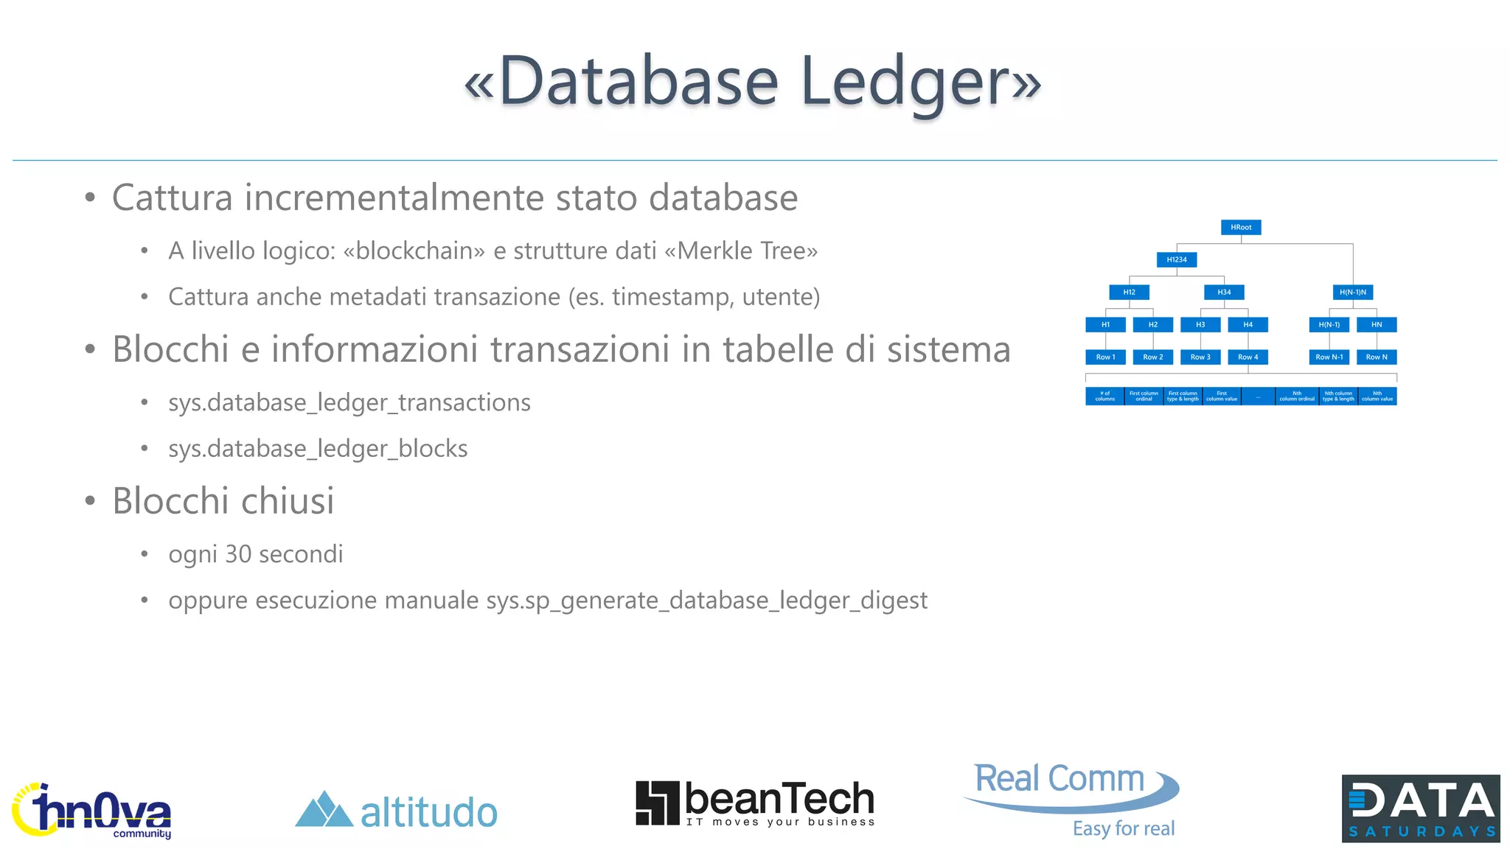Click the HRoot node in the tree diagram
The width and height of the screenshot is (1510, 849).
(1241, 227)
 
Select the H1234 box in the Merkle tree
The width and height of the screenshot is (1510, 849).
(1177, 259)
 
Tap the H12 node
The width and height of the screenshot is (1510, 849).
(1129, 293)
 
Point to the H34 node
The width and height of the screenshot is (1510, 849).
(1224, 293)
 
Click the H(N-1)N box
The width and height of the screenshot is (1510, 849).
(1353, 293)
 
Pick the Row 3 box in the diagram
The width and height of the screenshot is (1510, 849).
(1200, 357)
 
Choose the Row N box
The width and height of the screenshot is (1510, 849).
(1377, 357)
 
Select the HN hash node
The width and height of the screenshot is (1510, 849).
(1377, 325)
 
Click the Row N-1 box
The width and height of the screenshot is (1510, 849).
(1329, 357)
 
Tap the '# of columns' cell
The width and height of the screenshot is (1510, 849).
(1104, 396)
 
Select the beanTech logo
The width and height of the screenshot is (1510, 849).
(755, 803)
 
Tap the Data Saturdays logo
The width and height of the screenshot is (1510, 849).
(1421, 808)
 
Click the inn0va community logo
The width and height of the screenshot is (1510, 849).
(92, 811)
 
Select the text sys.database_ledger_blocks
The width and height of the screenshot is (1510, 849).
(318, 449)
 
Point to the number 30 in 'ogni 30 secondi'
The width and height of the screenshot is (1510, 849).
(238, 554)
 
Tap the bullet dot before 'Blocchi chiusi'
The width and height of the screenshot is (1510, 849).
(90, 501)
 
